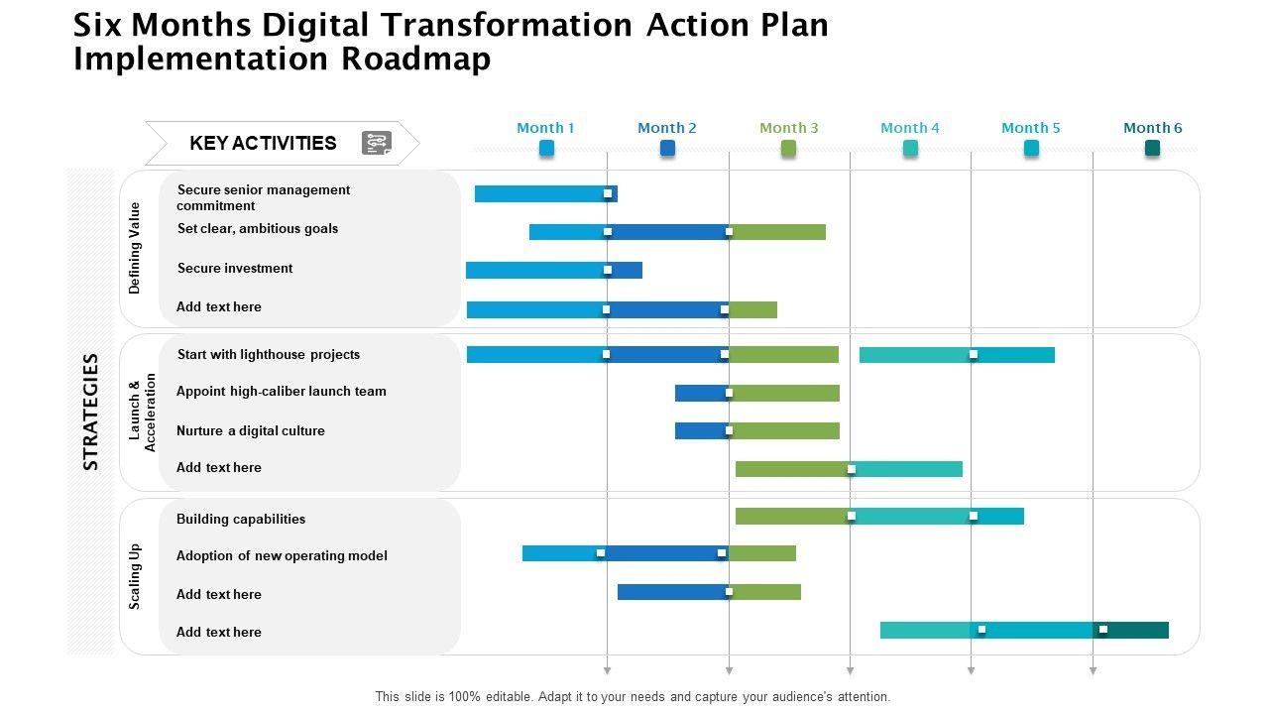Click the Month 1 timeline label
click(545, 128)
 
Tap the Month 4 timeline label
click(909, 128)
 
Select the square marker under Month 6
click(1152, 148)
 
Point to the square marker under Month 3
click(788, 148)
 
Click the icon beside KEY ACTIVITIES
click(377, 143)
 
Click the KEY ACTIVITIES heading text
click(263, 143)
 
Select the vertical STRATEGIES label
click(91, 411)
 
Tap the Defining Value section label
click(136, 248)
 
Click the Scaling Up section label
click(136, 576)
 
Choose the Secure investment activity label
click(235, 268)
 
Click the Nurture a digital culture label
click(251, 430)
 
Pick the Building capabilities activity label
click(241, 519)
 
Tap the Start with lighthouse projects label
click(269, 354)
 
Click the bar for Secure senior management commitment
click(545, 193)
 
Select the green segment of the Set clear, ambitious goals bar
click(777, 232)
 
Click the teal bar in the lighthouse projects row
click(957, 355)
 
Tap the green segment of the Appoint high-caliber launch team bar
click(785, 393)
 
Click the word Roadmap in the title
click(416, 59)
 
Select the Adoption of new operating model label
click(282, 555)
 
